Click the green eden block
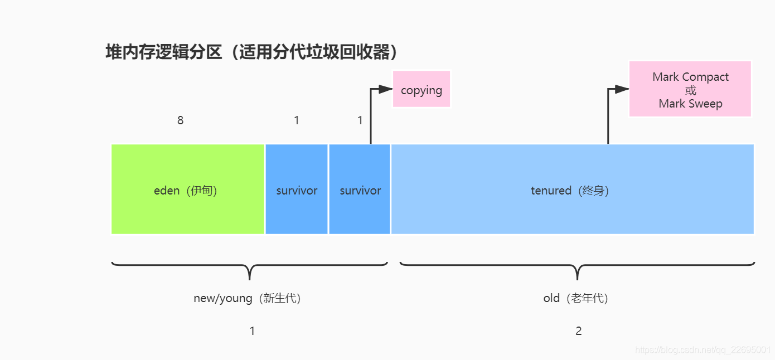click(187, 189)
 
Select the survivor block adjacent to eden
click(297, 189)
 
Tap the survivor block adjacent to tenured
click(360, 189)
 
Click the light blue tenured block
click(572, 189)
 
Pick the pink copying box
click(422, 89)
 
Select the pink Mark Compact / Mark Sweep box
click(690, 89)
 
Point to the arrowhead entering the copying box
click(386, 89)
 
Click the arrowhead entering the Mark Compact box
click(622, 89)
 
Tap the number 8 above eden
click(180, 120)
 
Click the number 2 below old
click(579, 331)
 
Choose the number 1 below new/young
click(252, 331)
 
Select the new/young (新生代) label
click(248, 298)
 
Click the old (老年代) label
click(576, 298)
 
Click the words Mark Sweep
click(690, 104)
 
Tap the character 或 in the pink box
click(691, 90)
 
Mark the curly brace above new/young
click(249, 268)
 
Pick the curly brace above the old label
click(578, 268)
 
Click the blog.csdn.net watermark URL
click(703, 350)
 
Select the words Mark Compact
click(690, 77)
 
